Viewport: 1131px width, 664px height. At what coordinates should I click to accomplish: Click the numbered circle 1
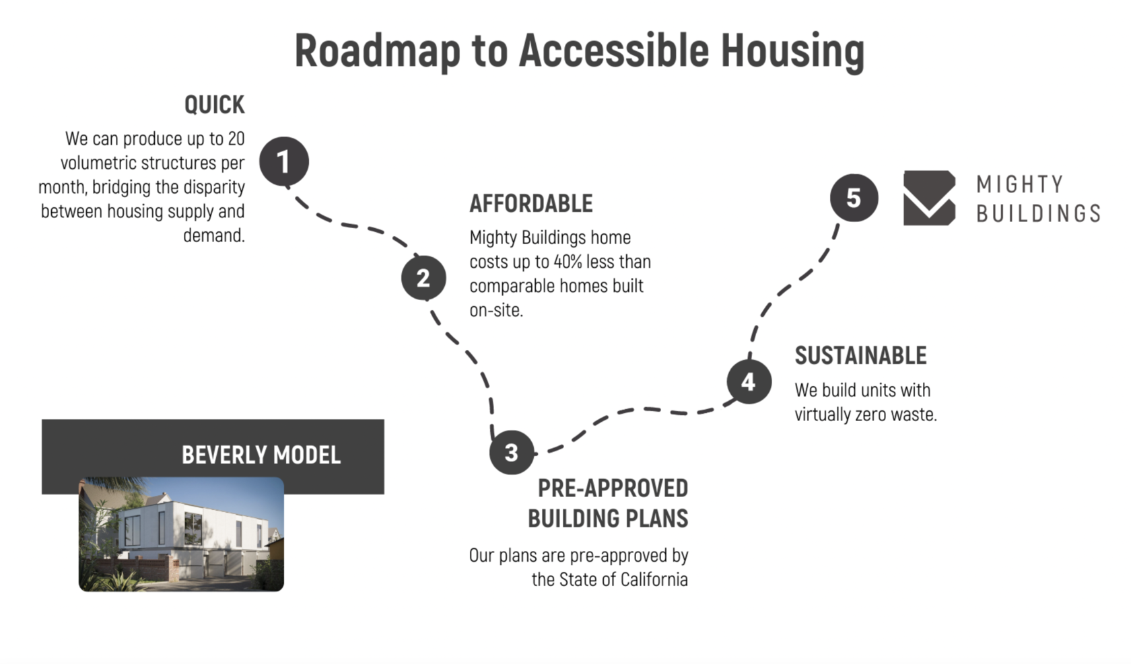(x=284, y=161)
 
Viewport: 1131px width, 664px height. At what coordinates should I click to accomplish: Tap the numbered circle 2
(x=423, y=277)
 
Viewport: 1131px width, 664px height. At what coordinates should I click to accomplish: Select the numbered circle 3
(x=512, y=452)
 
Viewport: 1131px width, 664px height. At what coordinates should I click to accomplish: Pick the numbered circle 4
(x=749, y=381)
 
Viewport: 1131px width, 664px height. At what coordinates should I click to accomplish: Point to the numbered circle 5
(x=854, y=198)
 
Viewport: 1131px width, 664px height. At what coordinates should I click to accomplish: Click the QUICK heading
(x=215, y=105)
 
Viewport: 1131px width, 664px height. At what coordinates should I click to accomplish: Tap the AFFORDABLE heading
(x=531, y=203)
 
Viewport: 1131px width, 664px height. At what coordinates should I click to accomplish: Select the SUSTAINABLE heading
(x=861, y=355)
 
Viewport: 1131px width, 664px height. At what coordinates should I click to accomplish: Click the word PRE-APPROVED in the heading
(x=613, y=488)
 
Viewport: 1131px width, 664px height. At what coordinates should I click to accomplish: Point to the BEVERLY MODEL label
(x=261, y=455)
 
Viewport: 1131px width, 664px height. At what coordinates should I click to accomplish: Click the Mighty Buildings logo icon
(x=930, y=198)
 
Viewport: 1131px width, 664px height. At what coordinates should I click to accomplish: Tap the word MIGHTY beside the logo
(x=1020, y=184)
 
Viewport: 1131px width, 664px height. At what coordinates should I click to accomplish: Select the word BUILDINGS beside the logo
(x=1038, y=213)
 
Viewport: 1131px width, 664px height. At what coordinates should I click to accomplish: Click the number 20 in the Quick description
(x=236, y=139)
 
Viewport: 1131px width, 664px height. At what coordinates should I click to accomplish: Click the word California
(x=654, y=579)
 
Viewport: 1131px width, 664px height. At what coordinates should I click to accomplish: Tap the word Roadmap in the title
(x=377, y=50)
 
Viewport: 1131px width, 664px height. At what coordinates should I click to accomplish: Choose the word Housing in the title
(x=792, y=50)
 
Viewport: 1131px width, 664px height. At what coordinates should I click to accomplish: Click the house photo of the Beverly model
(x=181, y=534)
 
